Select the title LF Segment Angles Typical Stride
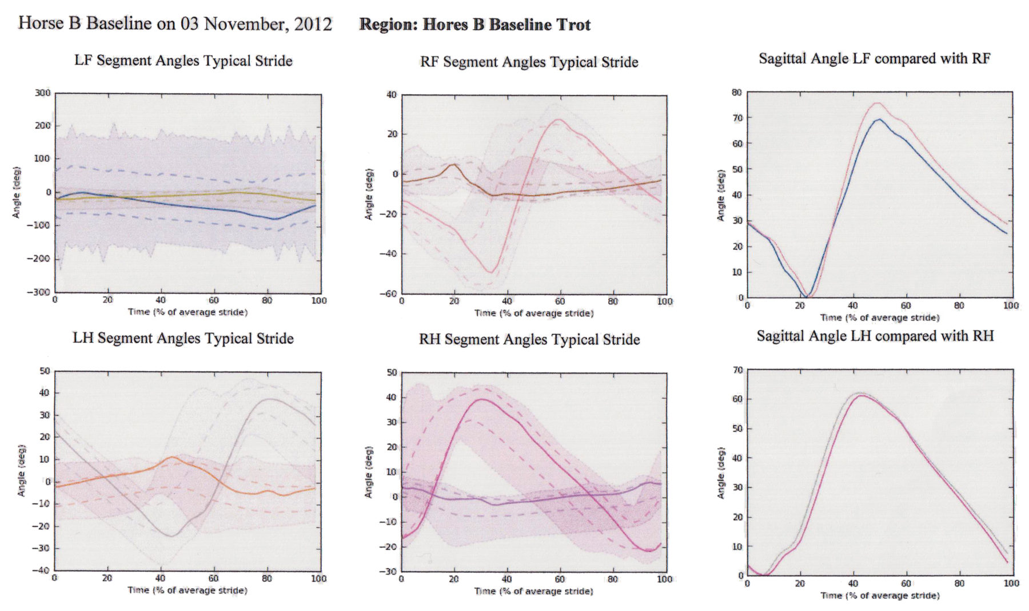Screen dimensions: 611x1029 [184, 61]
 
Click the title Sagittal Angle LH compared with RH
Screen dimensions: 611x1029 [875, 336]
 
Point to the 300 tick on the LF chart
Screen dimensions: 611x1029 [43, 93]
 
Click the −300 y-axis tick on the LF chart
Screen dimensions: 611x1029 [39, 292]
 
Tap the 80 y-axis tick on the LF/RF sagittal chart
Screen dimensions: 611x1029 [737, 92]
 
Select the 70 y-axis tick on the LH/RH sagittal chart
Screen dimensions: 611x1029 [737, 370]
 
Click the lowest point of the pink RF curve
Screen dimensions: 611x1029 [490, 272]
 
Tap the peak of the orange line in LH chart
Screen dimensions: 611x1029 [173, 457]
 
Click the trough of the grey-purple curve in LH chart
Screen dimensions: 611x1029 [171, 536]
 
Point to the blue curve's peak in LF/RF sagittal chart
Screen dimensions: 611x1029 [879, 119]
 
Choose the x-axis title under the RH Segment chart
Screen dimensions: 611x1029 [533, 591]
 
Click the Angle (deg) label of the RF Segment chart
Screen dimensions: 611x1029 [369, 195]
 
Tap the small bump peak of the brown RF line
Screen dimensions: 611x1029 [454, 165]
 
